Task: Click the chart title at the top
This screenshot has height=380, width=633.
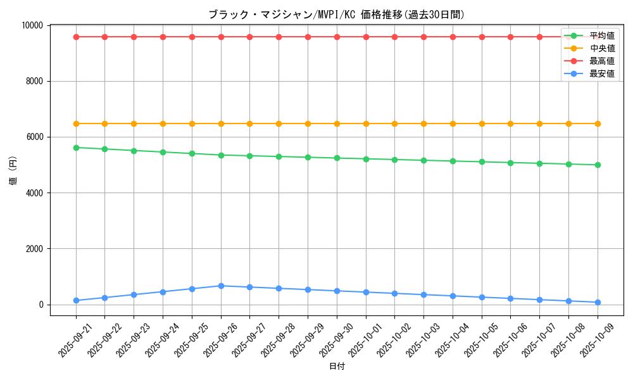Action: pos(336,15)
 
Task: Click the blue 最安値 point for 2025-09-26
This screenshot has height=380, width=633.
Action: pos(221,286)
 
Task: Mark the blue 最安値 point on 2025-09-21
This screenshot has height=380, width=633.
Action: pos(76,300)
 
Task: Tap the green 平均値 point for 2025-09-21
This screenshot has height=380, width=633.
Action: pos(76,148)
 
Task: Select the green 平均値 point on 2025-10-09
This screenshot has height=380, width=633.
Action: pos(598,165)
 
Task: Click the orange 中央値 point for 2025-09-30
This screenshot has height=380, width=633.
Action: pos(337,123)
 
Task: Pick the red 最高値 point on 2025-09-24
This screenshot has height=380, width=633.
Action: pos(163,37)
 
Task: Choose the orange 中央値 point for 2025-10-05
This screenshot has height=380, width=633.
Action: pos(482,123)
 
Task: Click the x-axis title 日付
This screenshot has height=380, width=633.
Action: pos(337,366)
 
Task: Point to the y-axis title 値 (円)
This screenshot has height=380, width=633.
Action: pos(13,170)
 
